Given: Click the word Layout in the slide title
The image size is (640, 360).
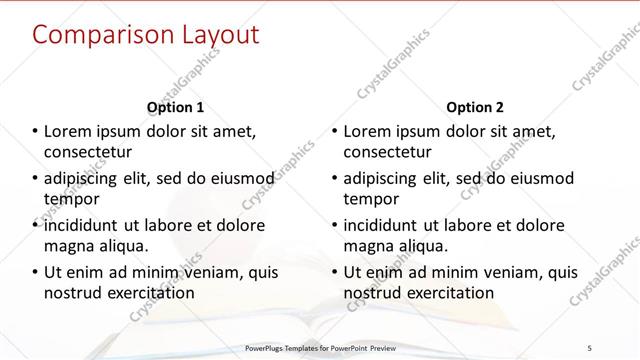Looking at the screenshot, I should tap(215, 35).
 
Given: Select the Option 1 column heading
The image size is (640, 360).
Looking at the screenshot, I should tap(175, 107).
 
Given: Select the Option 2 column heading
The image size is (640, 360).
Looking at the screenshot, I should tap(475, 107).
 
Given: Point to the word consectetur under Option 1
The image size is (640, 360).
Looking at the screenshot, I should tap(88, 152).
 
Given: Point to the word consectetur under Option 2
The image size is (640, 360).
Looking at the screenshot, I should tap(388, 152).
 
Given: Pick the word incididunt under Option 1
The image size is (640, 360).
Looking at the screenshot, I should tap(85, 225).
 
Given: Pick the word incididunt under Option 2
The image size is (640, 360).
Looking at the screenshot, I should tap(385, 225).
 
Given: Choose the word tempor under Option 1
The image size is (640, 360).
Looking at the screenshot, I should tap(69, 199).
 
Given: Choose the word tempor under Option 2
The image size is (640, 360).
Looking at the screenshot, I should tap(369, 199).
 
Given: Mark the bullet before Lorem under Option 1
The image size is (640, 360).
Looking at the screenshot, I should tap(35, 132).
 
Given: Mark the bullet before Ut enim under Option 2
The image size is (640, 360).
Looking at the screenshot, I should tap(335, 272).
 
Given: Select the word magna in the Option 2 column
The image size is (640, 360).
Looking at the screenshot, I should tap(369, 246).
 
